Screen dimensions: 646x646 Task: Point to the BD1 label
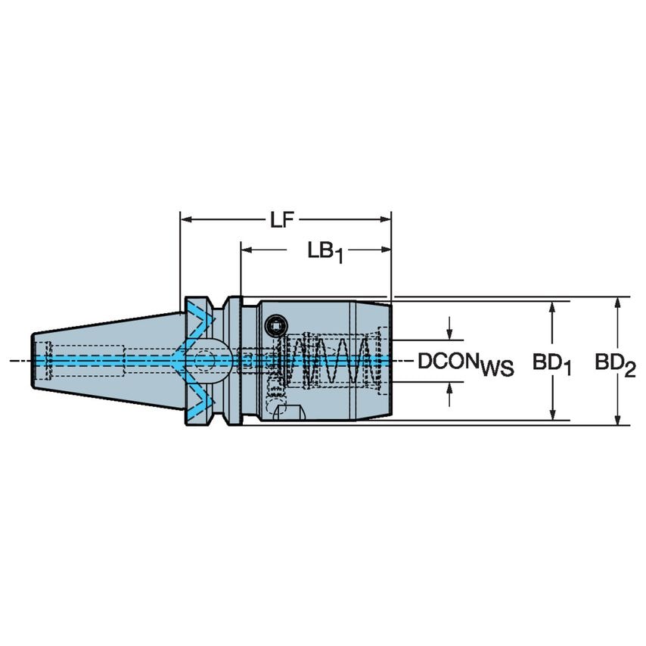550,364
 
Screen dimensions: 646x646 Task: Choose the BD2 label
614,364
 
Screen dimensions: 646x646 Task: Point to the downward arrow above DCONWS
451,333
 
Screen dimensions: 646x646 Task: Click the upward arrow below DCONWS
451,388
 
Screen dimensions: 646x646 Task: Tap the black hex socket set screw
275,325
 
